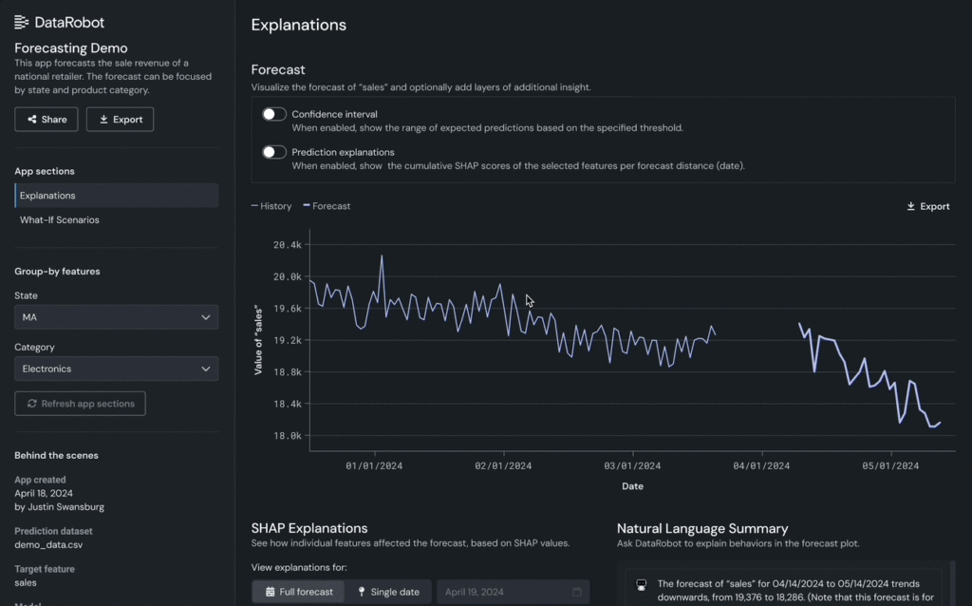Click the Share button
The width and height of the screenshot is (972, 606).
coord(46,119)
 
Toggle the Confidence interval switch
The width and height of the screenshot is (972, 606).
coord(274,114)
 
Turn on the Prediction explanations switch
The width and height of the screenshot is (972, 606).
coord(274,152)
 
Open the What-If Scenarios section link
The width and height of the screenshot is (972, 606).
coord(60,219)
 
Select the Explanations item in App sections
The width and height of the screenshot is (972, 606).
coord(47,196)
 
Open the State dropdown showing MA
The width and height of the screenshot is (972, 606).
coord(116,317)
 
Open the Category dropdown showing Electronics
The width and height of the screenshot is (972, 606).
coord(116,369)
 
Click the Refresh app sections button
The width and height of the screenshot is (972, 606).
coord(80,404)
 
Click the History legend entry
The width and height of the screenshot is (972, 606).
coord(271,206)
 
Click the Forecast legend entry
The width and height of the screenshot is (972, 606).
coord(327,206)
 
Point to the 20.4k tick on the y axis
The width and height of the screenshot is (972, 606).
coord(287,245)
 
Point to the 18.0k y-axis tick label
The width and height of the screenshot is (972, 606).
coord(287,436)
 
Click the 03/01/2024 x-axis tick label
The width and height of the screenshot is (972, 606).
coord(632,466)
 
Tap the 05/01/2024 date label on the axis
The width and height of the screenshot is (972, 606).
coord(890,466)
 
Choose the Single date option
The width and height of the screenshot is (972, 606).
coord(387,592)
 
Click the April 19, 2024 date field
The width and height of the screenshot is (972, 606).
coord(513,592)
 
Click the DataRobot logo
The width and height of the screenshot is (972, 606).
coord(60,22)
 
